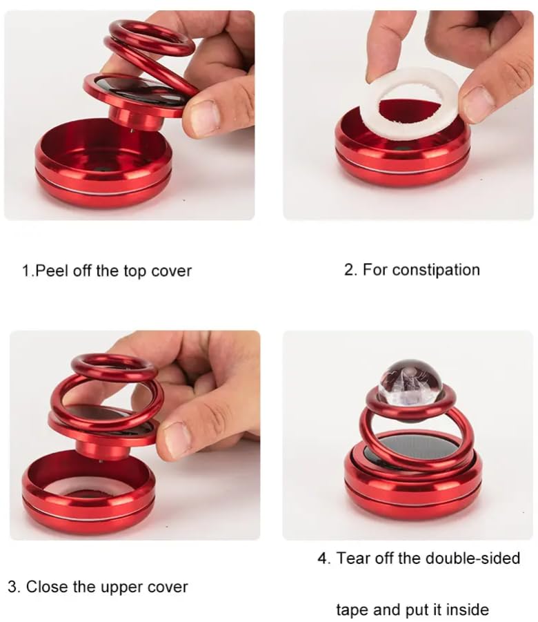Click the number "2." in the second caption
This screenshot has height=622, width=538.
[350, 269]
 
